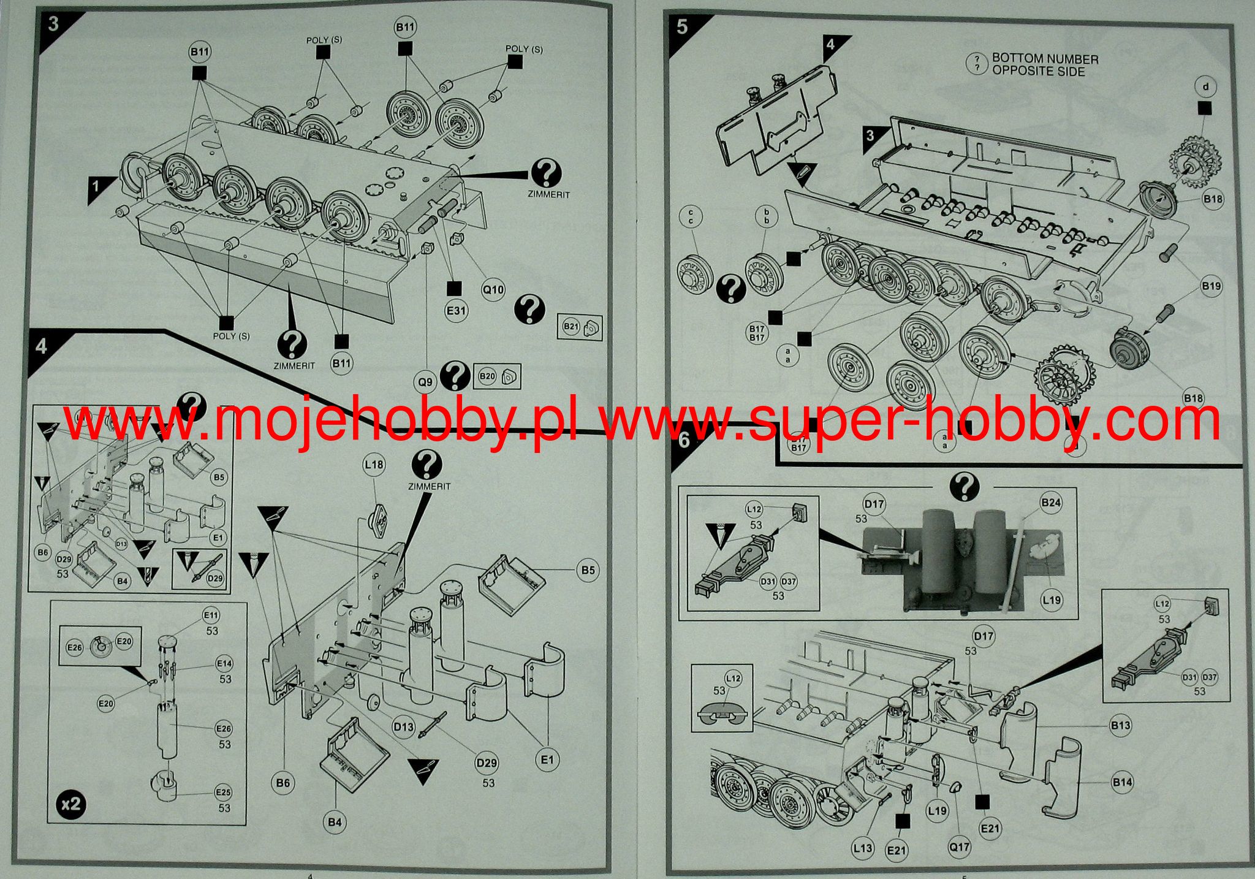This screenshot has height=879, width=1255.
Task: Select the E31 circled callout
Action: tap(457, 310)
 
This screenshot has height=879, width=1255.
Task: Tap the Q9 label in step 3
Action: tap(425, 382)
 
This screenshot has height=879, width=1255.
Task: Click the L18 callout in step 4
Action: tap(374, 465)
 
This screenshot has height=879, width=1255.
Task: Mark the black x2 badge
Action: tap(72, 803)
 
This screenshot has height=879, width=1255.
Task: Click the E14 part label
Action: tap(224, 663)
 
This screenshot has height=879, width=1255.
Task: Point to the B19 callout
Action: tap(1211, 286)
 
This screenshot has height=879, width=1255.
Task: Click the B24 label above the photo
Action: tap(1051, 503)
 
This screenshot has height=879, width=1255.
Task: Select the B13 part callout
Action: tap(1121, 725)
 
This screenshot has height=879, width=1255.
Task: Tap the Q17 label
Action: tap(959, 847)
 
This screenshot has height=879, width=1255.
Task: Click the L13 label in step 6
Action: tap(862, 848)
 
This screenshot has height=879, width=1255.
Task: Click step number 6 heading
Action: tap(684, 439)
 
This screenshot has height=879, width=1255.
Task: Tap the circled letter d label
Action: tap(1205, 86)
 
